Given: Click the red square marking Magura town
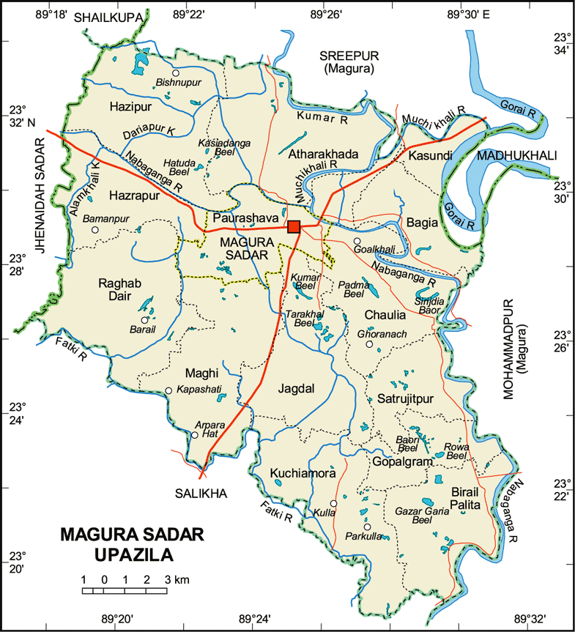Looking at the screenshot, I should (294, 226).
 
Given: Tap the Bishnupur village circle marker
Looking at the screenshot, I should (176, 73).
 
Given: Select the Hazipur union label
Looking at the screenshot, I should (130, 107).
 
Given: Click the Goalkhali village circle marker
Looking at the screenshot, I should (357, 241).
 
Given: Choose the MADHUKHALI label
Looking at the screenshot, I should (516, 156).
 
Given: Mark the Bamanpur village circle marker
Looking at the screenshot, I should (94, 230).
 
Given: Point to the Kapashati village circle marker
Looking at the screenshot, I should (168, 391).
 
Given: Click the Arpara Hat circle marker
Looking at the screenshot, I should (195, 435).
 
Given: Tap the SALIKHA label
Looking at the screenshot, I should (201, 494).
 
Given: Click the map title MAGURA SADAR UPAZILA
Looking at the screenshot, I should (122, 543).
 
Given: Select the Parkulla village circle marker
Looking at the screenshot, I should (367, 527).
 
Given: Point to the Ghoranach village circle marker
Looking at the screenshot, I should (369, 344).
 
